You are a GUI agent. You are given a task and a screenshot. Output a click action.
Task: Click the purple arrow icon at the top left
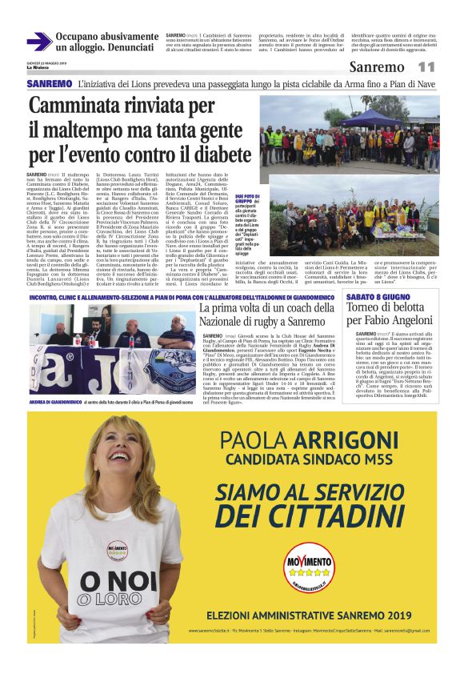[x=39, y=42]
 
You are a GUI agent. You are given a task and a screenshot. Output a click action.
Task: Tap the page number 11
[x=425, y=67]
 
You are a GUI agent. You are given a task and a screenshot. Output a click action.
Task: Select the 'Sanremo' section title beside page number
[x=376, y=67]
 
